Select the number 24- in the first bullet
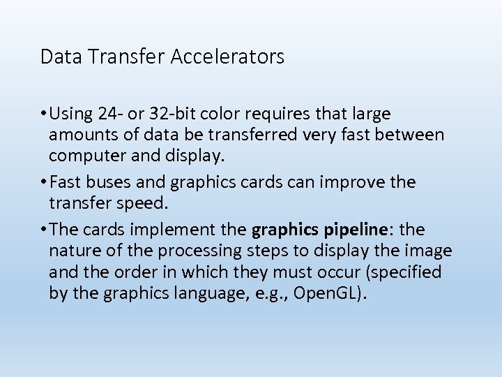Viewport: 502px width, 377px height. [112, 113]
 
